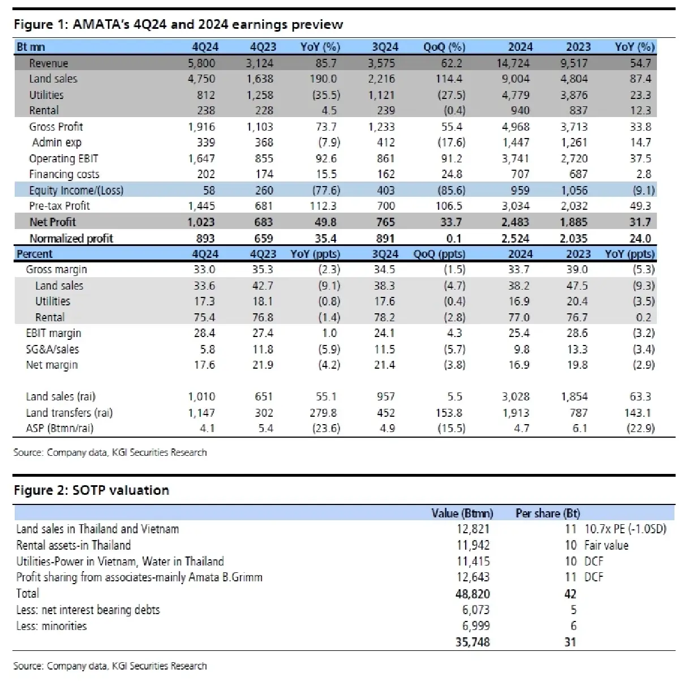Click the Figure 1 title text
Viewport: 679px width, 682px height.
coord(178,24)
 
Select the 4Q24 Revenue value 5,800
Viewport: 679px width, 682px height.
coord(201,63)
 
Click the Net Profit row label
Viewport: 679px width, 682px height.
coord(53,222)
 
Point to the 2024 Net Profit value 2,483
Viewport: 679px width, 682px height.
coord(515,222)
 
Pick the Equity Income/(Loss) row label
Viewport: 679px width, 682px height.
coord(76,191)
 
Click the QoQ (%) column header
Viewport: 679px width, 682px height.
coord(444,47)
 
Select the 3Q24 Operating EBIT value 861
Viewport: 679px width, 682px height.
coord(385,159)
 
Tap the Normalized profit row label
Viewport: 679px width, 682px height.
coord(71,239)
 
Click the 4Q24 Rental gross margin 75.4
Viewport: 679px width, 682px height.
coord(204,317)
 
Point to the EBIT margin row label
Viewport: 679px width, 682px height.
coord(53,333)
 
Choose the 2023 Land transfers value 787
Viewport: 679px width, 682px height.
coord(578,413)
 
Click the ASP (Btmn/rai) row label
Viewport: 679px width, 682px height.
coord(59,428)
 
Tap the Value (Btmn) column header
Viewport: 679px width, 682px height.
coord(462,513)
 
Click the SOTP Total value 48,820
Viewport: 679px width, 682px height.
coord(472,594)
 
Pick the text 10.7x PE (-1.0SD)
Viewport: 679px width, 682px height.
coord(625,529)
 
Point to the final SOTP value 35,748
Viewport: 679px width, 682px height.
coord(472,642)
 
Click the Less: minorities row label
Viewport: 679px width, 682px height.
coord(51,626)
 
